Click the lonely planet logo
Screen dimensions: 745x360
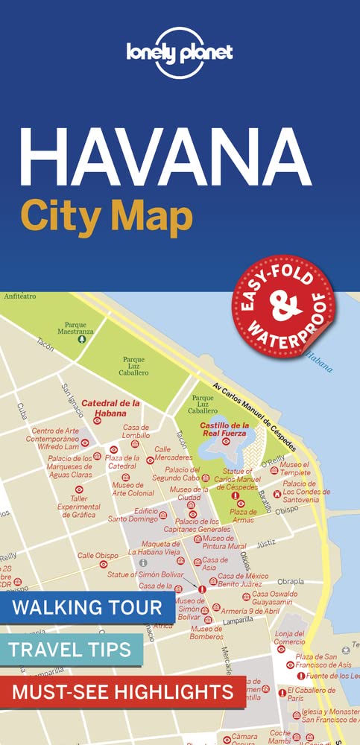pyautogui.click(x=180, y=51)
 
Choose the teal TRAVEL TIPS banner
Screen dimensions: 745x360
pyautogui.click(x=72, y=648)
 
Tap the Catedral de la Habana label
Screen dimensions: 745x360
pyautogui.click(x=111, y=408)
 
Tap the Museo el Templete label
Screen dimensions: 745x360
pyautogui.click(x=294, y=469)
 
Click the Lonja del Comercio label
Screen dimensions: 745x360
pyautogui.click(x=290, y=637)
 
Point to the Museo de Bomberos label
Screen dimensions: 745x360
pyautogui.click(x=206, y=633)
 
